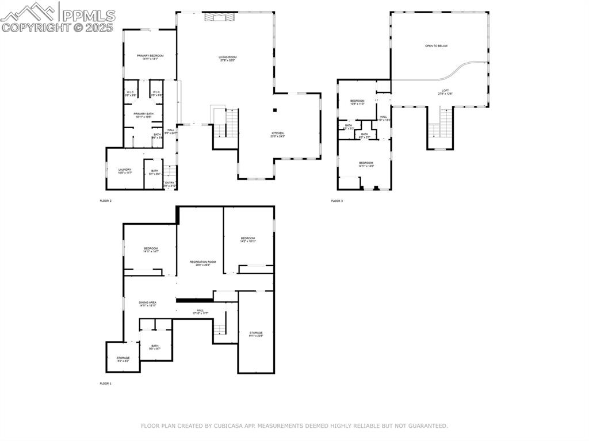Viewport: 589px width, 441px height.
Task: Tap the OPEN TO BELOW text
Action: (436, 45)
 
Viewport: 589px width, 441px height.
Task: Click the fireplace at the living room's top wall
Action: (219, 17)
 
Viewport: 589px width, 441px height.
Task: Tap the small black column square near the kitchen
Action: (275, 109)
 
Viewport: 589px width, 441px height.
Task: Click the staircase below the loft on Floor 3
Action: (441, 124)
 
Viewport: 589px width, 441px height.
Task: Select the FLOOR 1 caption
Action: (106, 383)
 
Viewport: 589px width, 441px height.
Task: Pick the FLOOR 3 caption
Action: (336, 201)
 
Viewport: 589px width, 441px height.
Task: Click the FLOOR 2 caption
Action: (106, 201)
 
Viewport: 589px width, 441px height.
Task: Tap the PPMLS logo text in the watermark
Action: (89, 15)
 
